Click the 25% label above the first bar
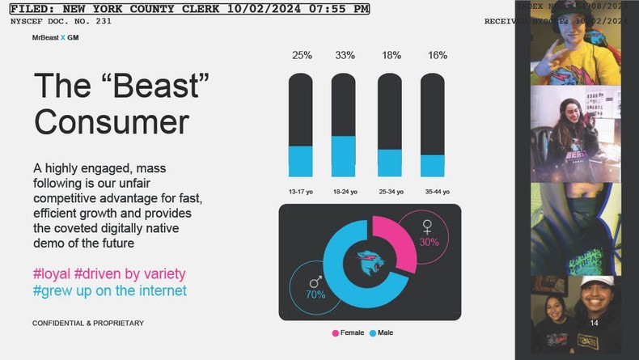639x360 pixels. tap(301, 55)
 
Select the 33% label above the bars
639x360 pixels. tap(344, 55)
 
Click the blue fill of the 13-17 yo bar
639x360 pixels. tap(301, 161)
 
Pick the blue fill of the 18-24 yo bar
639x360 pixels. tap(344, 156)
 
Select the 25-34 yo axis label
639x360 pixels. tap(389, 192)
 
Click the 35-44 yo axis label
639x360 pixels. tap(432, 192)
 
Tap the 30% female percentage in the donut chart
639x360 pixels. tap(429, 242)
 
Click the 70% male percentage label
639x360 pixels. tap(315, 294)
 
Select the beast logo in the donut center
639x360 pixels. tap(370, 261)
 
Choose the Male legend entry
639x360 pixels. tap(381, 332)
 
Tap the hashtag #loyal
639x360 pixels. tap(52, 273)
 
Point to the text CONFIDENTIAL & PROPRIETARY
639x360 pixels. tap(87, 323)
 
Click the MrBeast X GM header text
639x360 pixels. tap(55, 37)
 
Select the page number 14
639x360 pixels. tap(594, 323)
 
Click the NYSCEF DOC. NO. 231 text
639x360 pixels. tap(61, 21)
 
